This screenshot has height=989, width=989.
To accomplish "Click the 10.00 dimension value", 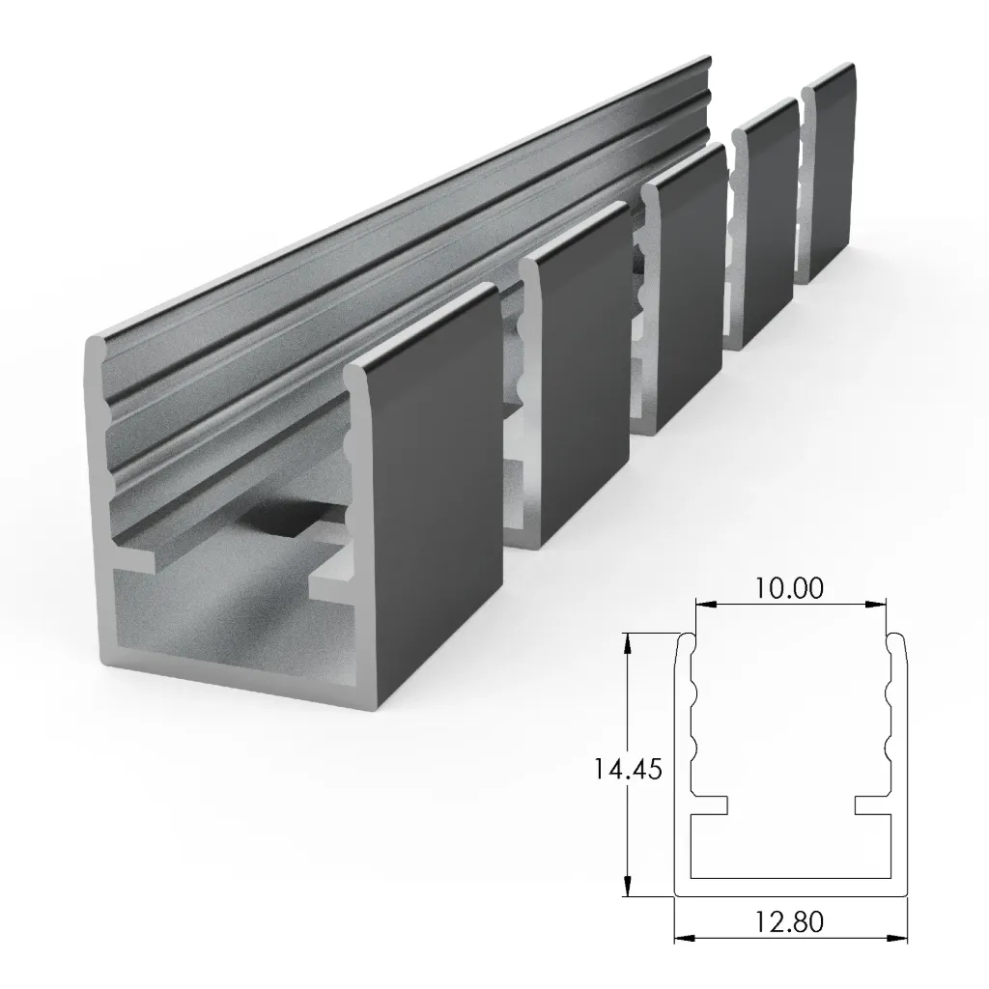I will point(790,588).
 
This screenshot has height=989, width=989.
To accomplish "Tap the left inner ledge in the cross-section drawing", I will point(711,805).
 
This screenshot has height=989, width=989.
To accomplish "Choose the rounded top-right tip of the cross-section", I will point(896,639).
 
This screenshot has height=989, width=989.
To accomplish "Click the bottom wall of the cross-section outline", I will point(790,890).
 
